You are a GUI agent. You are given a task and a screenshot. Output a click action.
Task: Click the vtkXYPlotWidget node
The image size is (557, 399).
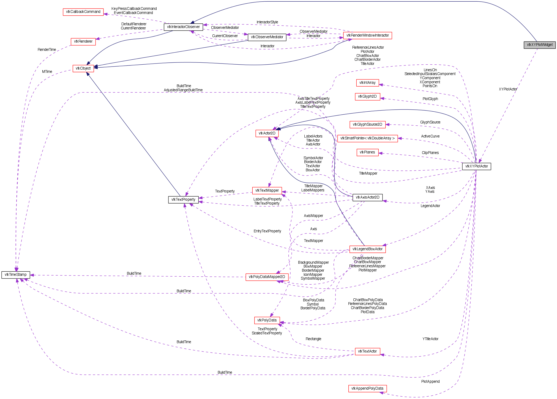539,45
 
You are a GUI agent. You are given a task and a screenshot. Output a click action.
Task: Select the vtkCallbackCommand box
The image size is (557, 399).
83,12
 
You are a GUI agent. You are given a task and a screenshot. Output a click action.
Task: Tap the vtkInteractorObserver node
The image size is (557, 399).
183,27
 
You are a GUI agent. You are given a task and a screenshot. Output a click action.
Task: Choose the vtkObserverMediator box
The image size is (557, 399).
267,37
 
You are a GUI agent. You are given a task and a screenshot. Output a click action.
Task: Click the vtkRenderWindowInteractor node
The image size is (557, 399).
367,35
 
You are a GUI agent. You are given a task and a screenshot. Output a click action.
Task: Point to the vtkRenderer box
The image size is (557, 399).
83,42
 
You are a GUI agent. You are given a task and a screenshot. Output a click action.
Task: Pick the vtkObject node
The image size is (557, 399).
83,68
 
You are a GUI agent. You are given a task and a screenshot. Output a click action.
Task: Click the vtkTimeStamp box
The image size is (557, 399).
16,275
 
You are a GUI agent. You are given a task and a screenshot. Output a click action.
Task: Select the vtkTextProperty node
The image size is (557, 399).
183,200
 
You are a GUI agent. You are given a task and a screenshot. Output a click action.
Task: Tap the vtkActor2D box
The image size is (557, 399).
267,133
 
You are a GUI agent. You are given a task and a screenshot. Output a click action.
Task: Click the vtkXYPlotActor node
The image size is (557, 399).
476,166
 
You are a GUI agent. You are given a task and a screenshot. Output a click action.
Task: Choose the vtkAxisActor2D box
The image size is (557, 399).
367,197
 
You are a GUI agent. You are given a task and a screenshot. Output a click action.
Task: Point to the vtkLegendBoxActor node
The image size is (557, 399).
367,249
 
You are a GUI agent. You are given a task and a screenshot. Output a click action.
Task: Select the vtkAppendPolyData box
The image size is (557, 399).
367,389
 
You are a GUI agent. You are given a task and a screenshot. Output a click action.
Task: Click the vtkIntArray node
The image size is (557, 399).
367,83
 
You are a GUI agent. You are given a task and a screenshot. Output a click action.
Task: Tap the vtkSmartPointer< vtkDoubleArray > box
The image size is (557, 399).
367,138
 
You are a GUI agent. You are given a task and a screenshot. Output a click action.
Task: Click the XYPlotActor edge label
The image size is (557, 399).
508,89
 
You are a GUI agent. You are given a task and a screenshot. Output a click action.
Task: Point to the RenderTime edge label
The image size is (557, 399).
47,50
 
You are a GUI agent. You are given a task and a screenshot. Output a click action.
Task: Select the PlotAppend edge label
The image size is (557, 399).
430,382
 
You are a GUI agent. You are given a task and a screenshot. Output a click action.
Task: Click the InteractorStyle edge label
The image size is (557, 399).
267,22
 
